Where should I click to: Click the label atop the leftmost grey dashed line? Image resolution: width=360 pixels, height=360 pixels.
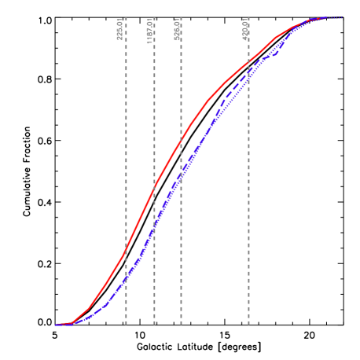119,29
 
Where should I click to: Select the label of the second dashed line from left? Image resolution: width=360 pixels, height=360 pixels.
149,29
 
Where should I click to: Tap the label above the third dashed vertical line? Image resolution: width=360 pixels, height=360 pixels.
178,29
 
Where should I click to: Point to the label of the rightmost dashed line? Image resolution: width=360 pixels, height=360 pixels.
245,29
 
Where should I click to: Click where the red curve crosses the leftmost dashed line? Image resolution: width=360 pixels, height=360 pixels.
126,251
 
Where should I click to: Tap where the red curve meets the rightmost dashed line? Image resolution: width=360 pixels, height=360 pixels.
249,61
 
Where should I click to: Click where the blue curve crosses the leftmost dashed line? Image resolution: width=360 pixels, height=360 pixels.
126,281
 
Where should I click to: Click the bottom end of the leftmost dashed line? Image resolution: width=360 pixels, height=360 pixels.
126,324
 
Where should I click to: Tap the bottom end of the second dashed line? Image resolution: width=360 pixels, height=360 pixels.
154,324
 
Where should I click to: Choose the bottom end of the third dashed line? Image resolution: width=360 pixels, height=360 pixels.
181,324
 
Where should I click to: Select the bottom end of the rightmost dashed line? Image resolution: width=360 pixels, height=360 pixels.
249,324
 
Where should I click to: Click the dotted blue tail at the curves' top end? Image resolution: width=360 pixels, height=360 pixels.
334,17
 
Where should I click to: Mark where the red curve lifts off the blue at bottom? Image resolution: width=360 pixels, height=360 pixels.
72,322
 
